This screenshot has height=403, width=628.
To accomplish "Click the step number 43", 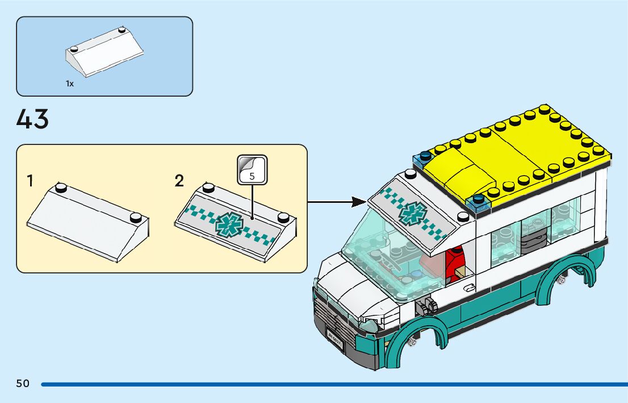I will (33, 119).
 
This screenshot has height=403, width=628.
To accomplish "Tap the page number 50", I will (23, 384).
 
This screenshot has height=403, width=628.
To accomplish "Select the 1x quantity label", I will (70, 84).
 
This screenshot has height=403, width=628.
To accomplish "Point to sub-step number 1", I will (30, 181).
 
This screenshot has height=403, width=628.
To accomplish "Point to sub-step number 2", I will (179, 181).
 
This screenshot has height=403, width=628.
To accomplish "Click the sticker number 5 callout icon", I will (252, 169).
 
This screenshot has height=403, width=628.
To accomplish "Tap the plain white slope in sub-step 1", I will (88, 222).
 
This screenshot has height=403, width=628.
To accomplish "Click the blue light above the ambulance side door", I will (476, 200).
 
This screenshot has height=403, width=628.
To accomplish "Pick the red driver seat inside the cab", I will (455, 263).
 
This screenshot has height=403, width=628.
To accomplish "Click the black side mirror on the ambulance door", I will (425, 307).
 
